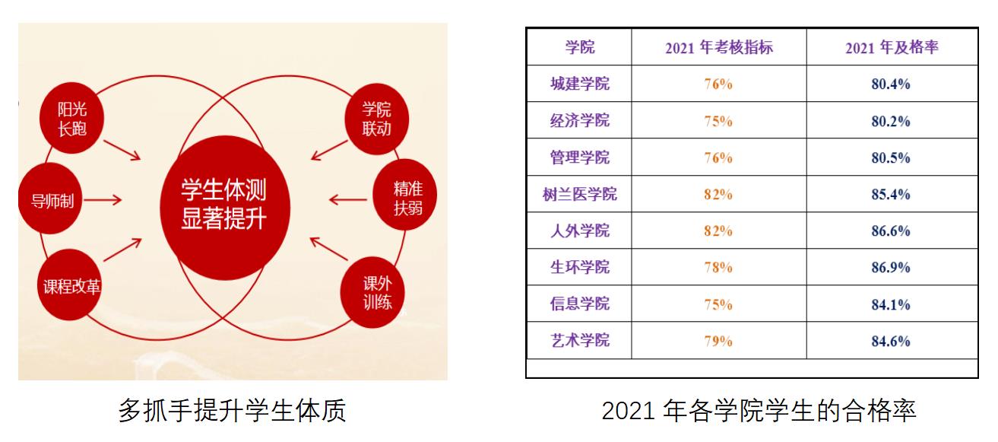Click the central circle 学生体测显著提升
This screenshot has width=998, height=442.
225,208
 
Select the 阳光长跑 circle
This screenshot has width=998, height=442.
71,118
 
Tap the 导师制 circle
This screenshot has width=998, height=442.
50,198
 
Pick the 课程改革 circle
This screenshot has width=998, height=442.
70,285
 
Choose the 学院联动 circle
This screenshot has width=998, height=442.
376,119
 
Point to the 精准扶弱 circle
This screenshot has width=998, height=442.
404,195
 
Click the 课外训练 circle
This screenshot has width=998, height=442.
373,293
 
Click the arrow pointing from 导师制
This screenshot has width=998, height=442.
103,200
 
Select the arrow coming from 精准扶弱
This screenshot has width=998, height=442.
348,199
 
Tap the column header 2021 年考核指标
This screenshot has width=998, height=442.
718,47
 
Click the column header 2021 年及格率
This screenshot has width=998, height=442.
892,47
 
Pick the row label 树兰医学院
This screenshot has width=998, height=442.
579,194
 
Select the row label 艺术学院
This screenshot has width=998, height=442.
579,340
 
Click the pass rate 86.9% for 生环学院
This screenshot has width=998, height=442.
891,268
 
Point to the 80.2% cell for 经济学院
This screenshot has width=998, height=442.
891,121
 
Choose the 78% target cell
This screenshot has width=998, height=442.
718,268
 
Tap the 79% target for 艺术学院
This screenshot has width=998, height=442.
718,342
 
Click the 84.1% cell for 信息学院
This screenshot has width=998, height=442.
891,304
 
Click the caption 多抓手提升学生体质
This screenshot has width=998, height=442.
232,410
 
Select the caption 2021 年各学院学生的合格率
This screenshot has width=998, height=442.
759,410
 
